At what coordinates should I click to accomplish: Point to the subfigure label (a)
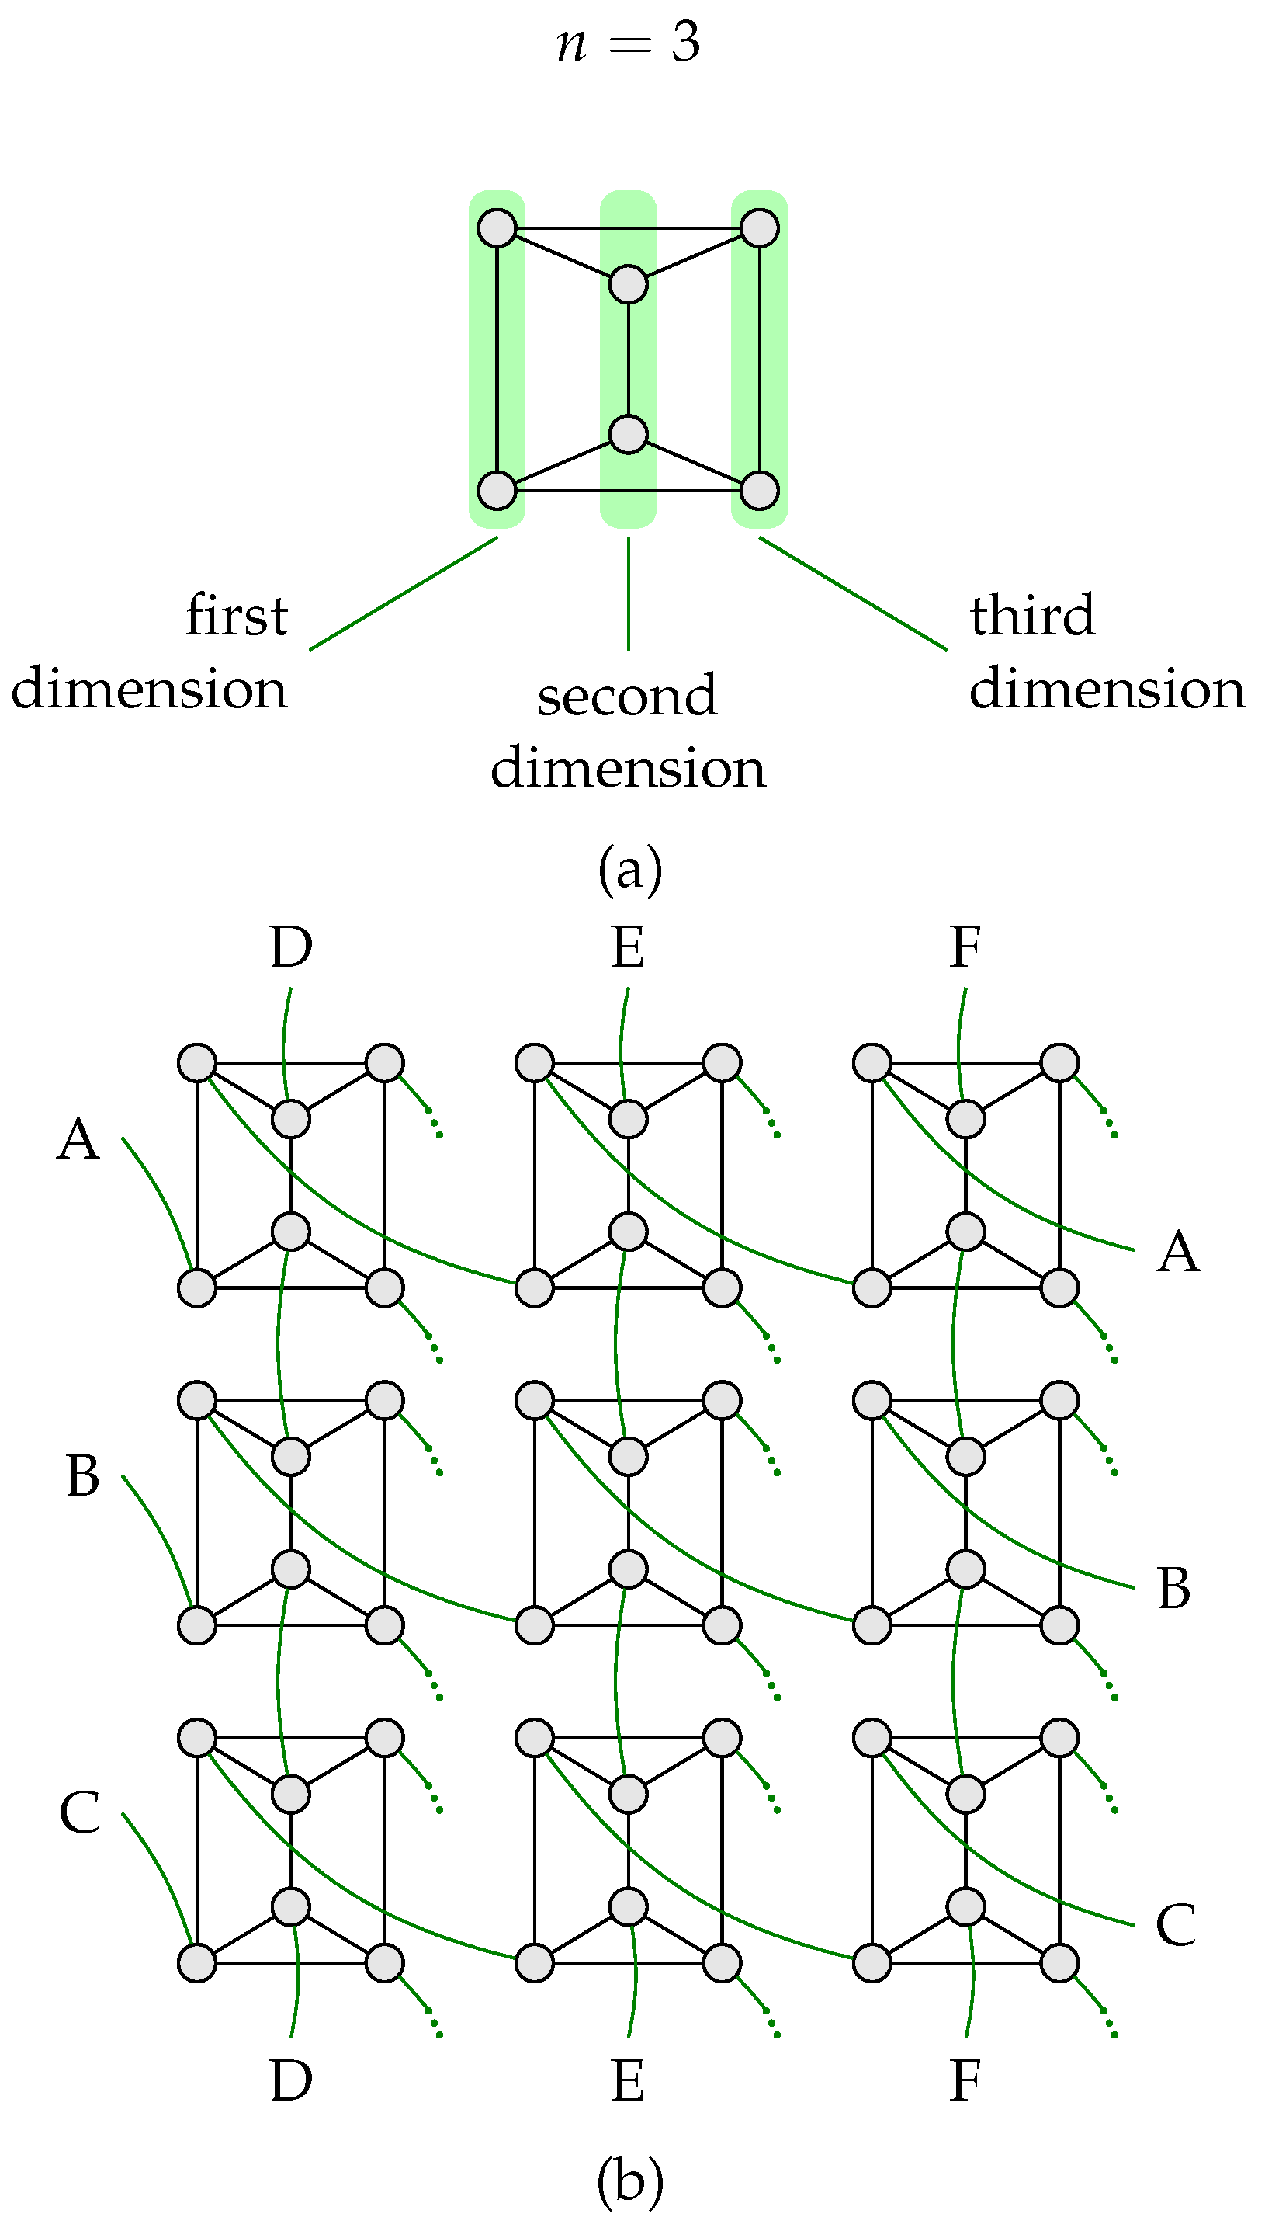[x=630, y=868]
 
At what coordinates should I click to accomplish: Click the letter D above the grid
[x=290, y=947]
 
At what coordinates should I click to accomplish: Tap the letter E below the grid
[x=627, y=2080]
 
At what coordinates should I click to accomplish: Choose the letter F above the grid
[x=965, y=947]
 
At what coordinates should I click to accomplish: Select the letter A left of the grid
[x=78, y=1139]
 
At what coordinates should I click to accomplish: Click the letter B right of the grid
[x=1173, y=1588]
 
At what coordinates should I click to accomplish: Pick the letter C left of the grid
[x=79, y=1814]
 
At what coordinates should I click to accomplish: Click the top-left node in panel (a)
[x=497, y=228]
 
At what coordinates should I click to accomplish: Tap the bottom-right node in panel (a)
[x=759, y=490]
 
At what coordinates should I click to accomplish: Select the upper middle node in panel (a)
[x=628, y=284]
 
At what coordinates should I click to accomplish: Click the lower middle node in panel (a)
[x=628, y=433]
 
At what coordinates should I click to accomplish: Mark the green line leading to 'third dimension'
[x=853, y=593]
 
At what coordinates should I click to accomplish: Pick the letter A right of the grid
[x=1178, y=1252]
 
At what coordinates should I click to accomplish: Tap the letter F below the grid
[x=965, y=2080]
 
